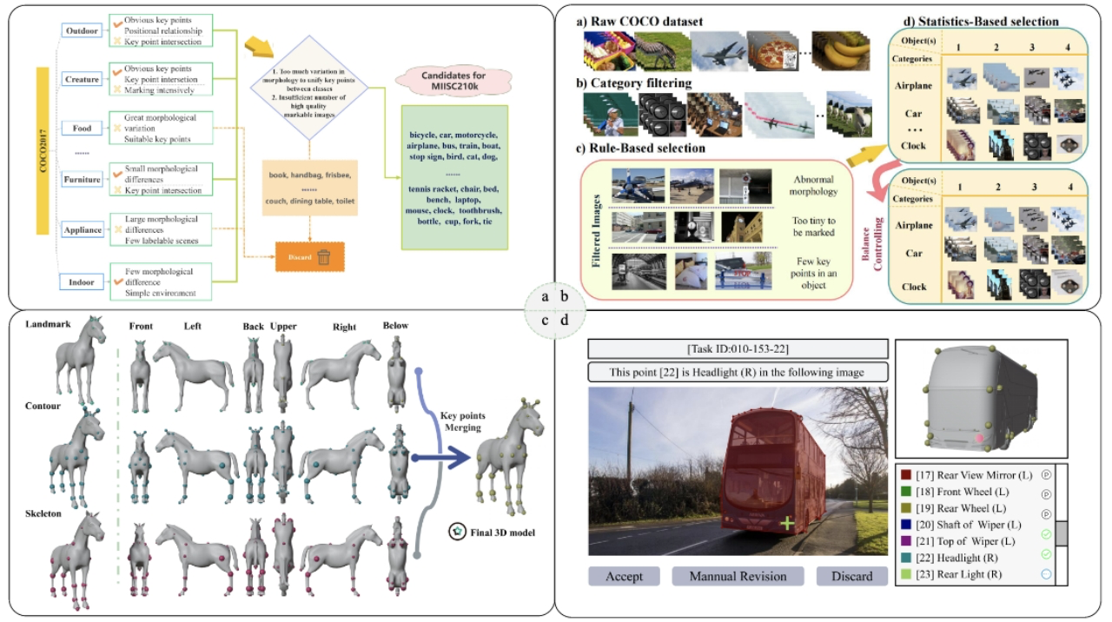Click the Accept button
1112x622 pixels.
click(x=623, y=576)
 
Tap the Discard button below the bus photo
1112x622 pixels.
click(x=851, y=576)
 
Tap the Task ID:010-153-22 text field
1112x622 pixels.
click(x=738, y=349)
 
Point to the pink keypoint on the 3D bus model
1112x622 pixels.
click(x=982, y=440)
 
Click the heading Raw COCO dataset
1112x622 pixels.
click(x=643, y=21)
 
